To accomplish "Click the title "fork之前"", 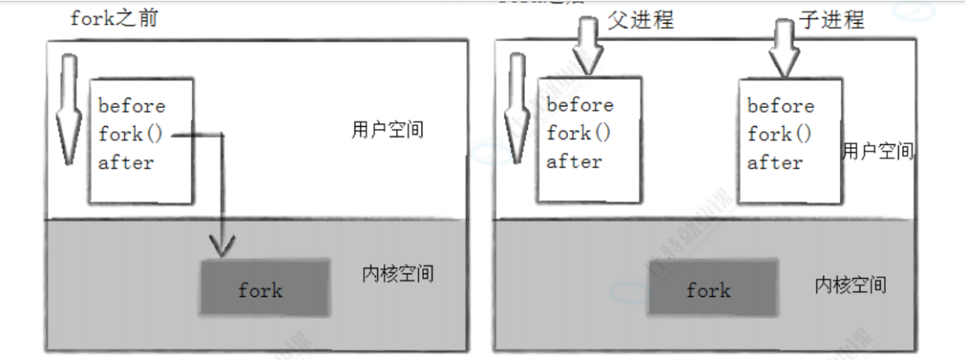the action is tap(113, 18).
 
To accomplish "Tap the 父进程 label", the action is tap(641, 19).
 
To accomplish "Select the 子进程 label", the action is tap(831, 19).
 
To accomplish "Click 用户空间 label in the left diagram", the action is tap(387, 129).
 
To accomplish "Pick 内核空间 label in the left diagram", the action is tap(397, 273).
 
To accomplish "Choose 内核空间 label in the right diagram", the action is tap(850, 284).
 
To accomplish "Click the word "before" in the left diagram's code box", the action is tap(132, 106).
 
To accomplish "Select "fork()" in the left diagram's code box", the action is tap(132, 133).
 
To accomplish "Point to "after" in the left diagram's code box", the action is tap(126, 162).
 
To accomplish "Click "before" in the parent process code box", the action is tap(579, 105).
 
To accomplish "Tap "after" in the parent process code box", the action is tap(574, 161).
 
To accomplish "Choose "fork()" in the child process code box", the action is tap(780, 133).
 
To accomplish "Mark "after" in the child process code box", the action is tap(774, 162).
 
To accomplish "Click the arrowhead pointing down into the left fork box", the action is tap(223, 243).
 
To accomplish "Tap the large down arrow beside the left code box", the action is tap(69, 106).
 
